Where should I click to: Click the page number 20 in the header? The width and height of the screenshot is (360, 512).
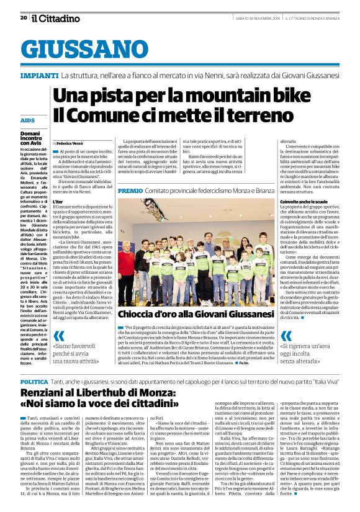[x=23, y=17]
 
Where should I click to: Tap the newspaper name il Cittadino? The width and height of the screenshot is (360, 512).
[x=56, y=18]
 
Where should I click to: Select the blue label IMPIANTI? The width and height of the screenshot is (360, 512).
[x=40, y=75]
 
